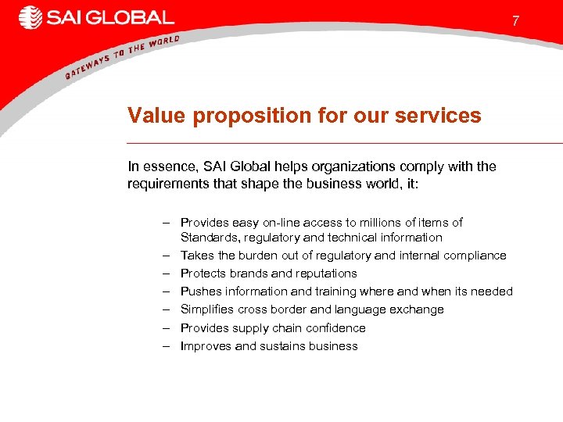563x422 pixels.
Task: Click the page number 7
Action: click(515, 22)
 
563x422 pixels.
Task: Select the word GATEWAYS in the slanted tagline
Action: click(88, 66)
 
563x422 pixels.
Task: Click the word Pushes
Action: click(199, 291)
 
